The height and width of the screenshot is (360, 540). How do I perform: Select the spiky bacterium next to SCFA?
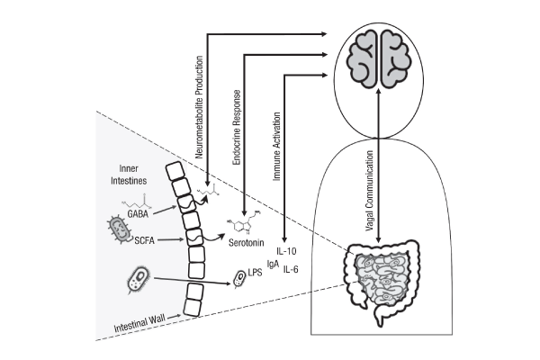pos(118,228)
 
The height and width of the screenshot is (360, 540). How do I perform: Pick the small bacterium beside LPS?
pos(239,280)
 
